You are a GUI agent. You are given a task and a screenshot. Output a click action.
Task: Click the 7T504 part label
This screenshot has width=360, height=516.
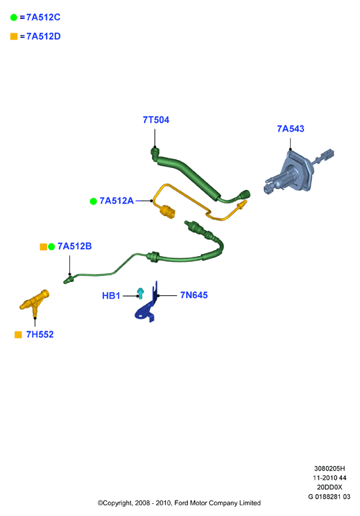click(156, 120)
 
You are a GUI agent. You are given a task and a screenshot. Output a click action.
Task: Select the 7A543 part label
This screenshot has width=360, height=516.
click(291, 129)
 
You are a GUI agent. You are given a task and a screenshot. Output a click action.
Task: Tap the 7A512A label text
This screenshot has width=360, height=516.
click(117, 201)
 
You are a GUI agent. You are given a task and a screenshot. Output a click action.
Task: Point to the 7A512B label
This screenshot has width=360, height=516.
click(75, 246)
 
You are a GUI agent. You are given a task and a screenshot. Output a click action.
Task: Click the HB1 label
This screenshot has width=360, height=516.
click(111, 295)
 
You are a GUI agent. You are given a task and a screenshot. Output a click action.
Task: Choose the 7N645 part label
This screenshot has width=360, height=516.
click(194, 295)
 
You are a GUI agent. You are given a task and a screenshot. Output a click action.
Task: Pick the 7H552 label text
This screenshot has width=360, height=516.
click(40, 335)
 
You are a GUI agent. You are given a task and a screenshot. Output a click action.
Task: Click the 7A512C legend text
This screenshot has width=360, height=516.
click(43, 17)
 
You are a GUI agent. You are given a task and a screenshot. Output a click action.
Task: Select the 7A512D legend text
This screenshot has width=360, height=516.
click(43, 36)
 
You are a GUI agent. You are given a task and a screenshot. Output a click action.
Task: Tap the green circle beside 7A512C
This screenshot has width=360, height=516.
click(13, 17)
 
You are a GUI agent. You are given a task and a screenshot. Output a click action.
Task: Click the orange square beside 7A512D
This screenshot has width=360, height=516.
click(14, 36)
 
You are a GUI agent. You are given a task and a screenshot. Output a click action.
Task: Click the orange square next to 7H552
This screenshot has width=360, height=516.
click(18, 335)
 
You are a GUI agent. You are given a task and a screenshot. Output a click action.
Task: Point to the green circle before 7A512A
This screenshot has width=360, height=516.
click(93, 201)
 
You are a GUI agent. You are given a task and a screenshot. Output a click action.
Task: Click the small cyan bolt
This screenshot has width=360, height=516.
click(141, 293)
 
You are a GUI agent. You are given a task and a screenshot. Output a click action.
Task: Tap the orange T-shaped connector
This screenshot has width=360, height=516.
click(35, 301)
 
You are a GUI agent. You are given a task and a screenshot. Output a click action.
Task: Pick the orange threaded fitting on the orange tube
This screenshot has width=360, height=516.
click(168, 212)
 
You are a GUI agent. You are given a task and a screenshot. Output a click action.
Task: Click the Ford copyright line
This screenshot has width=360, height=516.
click(179, 503)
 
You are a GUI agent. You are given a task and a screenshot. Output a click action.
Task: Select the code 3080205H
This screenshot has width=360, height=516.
click(329, 468)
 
